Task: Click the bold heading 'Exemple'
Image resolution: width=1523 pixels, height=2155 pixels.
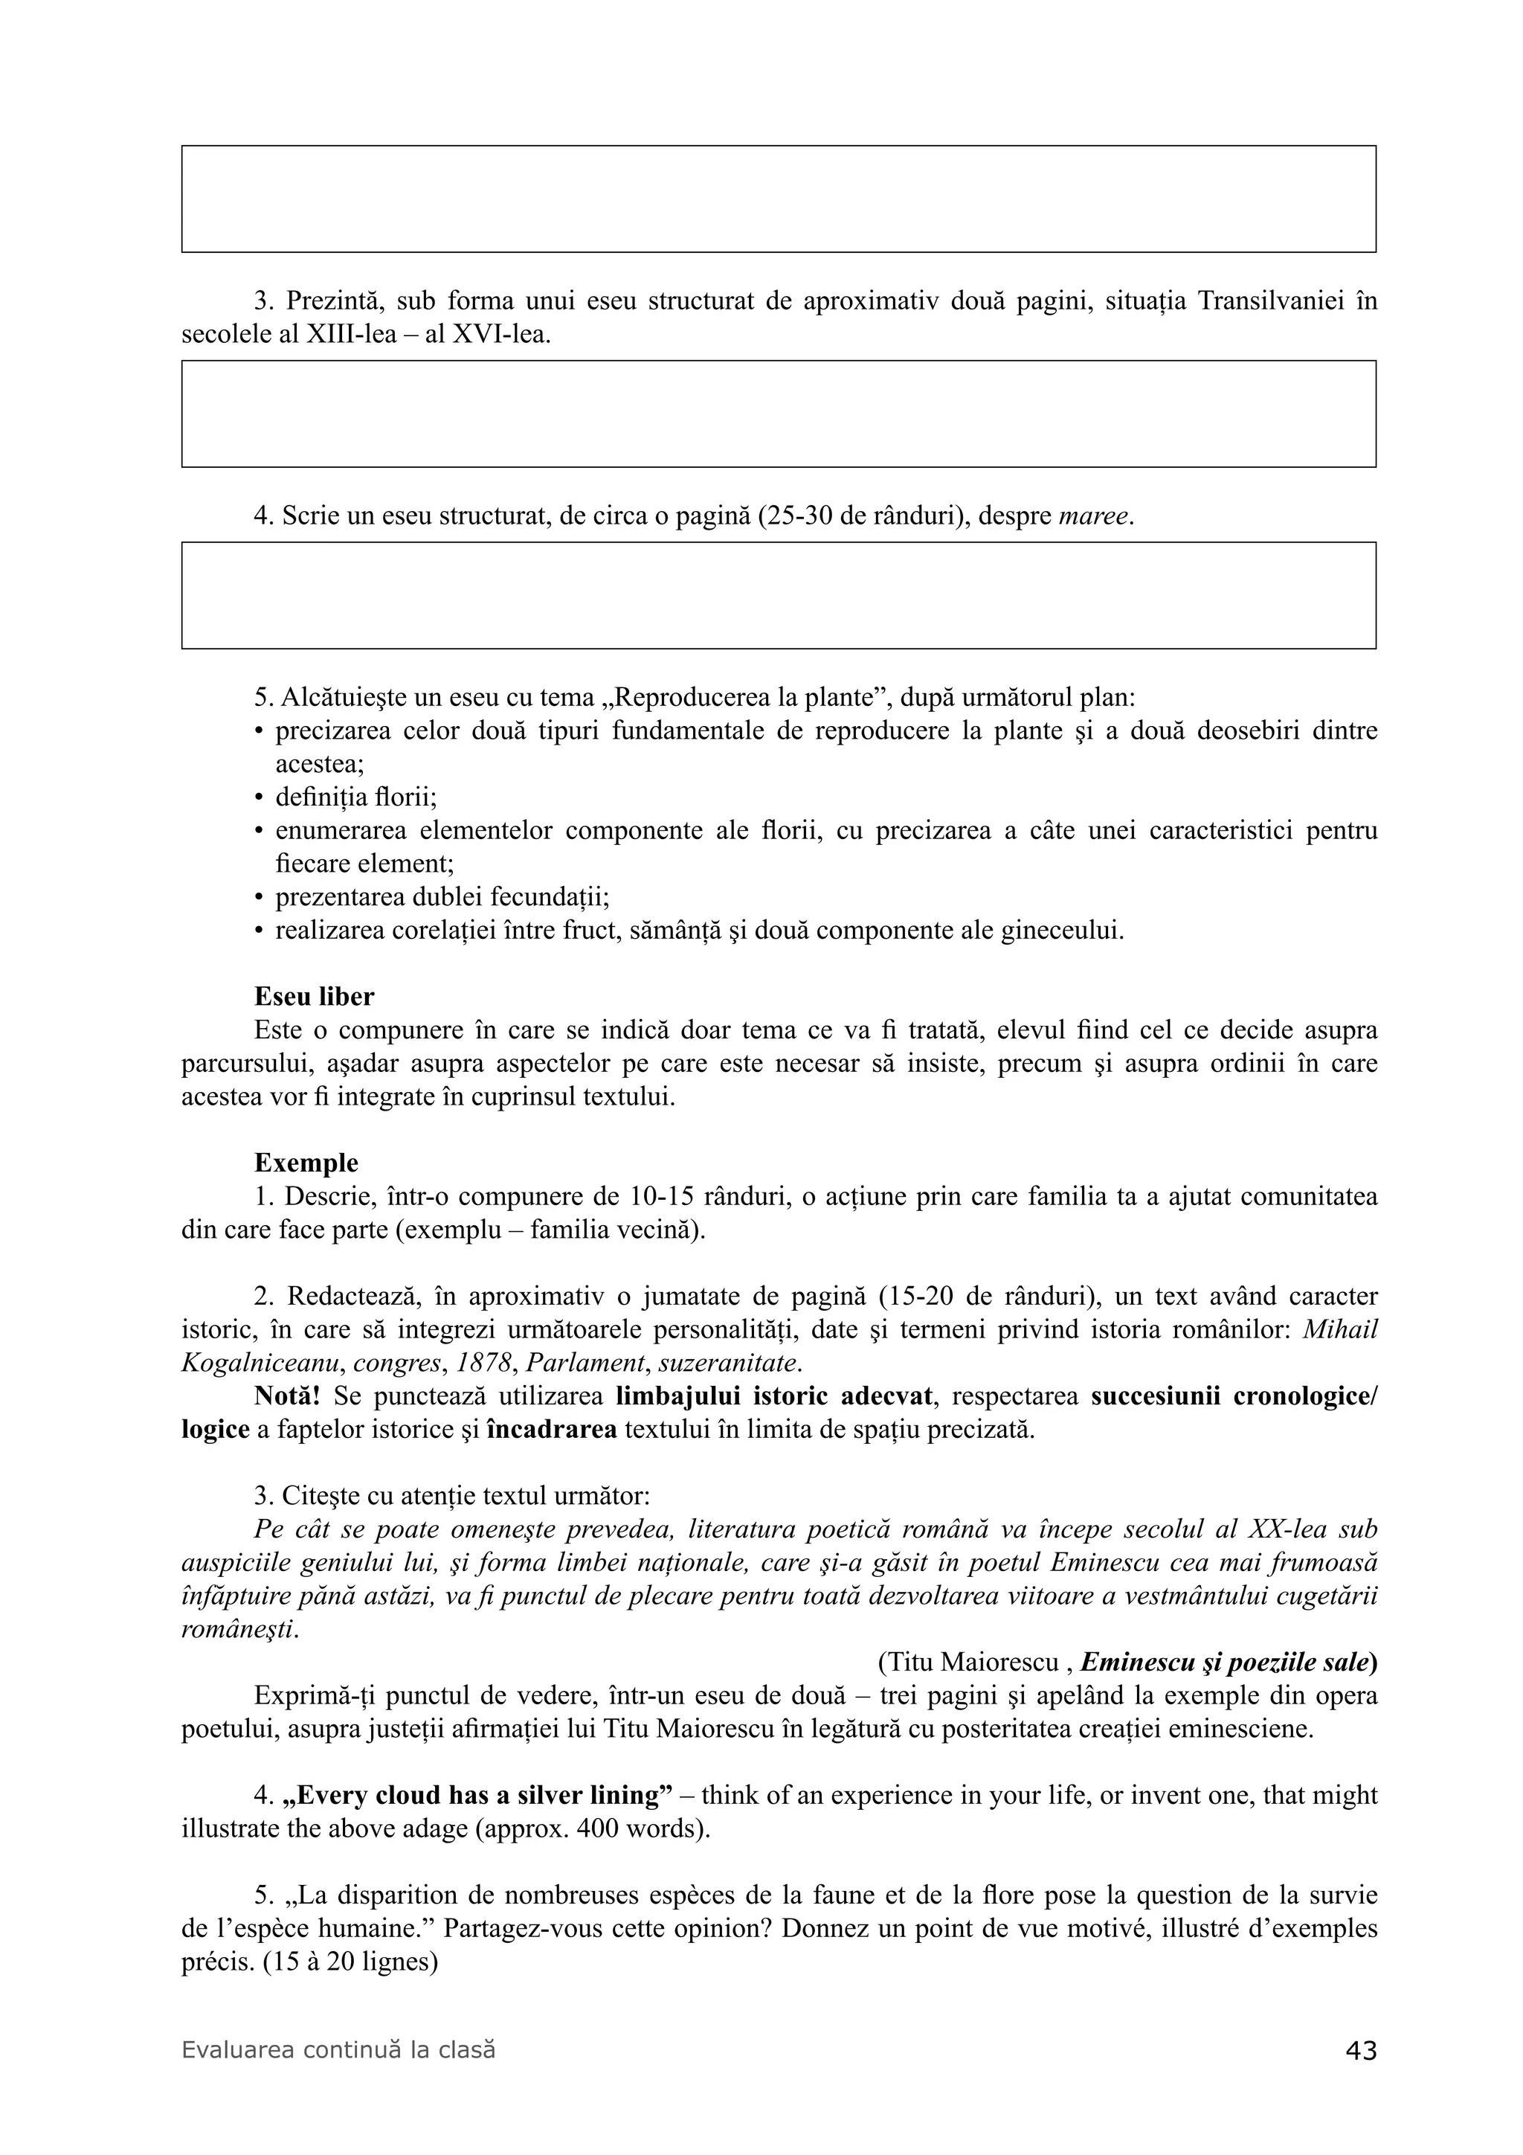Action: point(306,1163)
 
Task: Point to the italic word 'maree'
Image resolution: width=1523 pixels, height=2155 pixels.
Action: point(1093,516)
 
